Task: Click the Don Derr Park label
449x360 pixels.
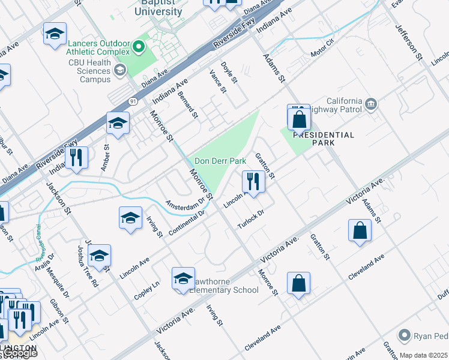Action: coord(220,161)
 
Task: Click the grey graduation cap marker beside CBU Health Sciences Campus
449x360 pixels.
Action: coord(120,71)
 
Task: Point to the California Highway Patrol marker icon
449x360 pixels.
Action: coord(371,104)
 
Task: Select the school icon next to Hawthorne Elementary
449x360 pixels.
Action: coord(183,278)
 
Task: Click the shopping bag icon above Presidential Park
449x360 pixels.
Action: coord(299,118)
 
